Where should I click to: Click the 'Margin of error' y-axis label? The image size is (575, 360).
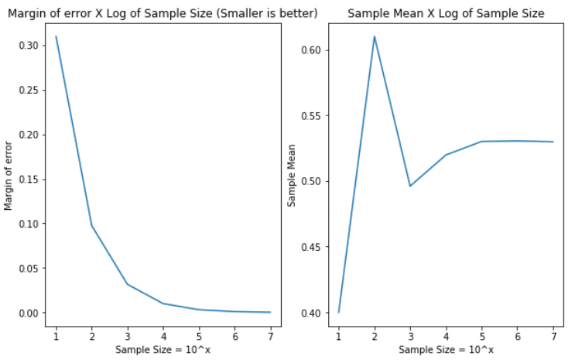9,175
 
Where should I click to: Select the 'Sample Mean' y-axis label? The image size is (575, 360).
292,175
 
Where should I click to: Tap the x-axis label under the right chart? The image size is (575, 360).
446,350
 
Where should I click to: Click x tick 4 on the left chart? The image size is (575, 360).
163,338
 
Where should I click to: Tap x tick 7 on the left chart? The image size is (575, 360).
269,338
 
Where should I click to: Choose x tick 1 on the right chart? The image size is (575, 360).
339,338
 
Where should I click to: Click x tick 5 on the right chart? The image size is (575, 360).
481,338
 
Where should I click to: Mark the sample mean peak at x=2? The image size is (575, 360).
375,36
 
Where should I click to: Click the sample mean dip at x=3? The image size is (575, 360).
410,186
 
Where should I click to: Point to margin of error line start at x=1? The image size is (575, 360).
56,36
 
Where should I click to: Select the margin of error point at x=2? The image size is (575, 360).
91,225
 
